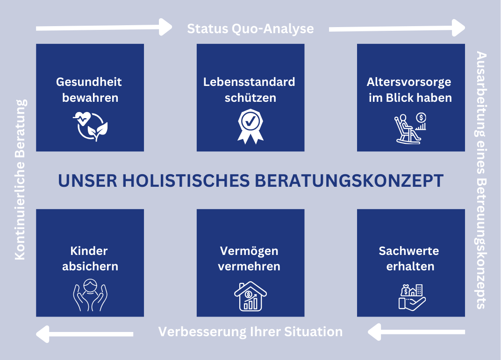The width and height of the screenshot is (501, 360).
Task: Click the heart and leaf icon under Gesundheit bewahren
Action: pyautogui.click(x=90, y=126)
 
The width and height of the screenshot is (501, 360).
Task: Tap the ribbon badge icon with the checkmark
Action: pyautogui.click(x=250, y=127)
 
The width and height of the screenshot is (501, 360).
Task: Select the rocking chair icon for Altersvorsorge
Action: pyautogui.click(x=410, y=128)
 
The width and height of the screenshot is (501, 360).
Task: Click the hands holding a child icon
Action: pyautogui.click(x=90, y=295)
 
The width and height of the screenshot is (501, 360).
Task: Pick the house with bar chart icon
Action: pyautogui.click(x=250, y=296)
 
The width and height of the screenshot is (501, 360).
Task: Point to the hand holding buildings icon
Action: pyautogui.click(x=412, y=297)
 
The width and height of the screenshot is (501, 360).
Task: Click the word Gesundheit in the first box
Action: pyautogui.click(x=89, y=82)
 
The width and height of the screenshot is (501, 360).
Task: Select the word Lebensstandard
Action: pyautogui.click(x=249, y=82)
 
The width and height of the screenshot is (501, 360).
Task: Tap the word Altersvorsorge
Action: pyautogui.click(x=409, y=82)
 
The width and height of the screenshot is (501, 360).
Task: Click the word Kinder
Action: pyautogui.click(x=89, y=251)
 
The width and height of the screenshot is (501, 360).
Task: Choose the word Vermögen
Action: pyautogui.click(x=249, y=251)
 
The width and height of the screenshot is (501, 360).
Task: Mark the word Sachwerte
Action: pyautogui.click(x=409, y=251)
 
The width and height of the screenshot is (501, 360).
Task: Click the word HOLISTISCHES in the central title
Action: pyautogui.click(x=186, y=181)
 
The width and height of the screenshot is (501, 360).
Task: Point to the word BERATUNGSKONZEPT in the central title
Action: pyautogui.click(x=349, y=181)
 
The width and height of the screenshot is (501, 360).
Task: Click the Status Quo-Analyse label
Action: pyautogui.click(x=250, y=29)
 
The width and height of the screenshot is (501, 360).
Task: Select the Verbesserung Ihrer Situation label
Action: pyautogui.click(x=250, y=332)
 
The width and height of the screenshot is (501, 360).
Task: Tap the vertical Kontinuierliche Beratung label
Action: pyautogui.click(x=20, y=180)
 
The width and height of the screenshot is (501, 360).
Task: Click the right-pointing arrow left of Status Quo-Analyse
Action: pyautogui.click(x=104, y=28)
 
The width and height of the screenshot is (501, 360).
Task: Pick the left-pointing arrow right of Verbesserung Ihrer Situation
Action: pyautogui.click(x=416, y=332)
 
